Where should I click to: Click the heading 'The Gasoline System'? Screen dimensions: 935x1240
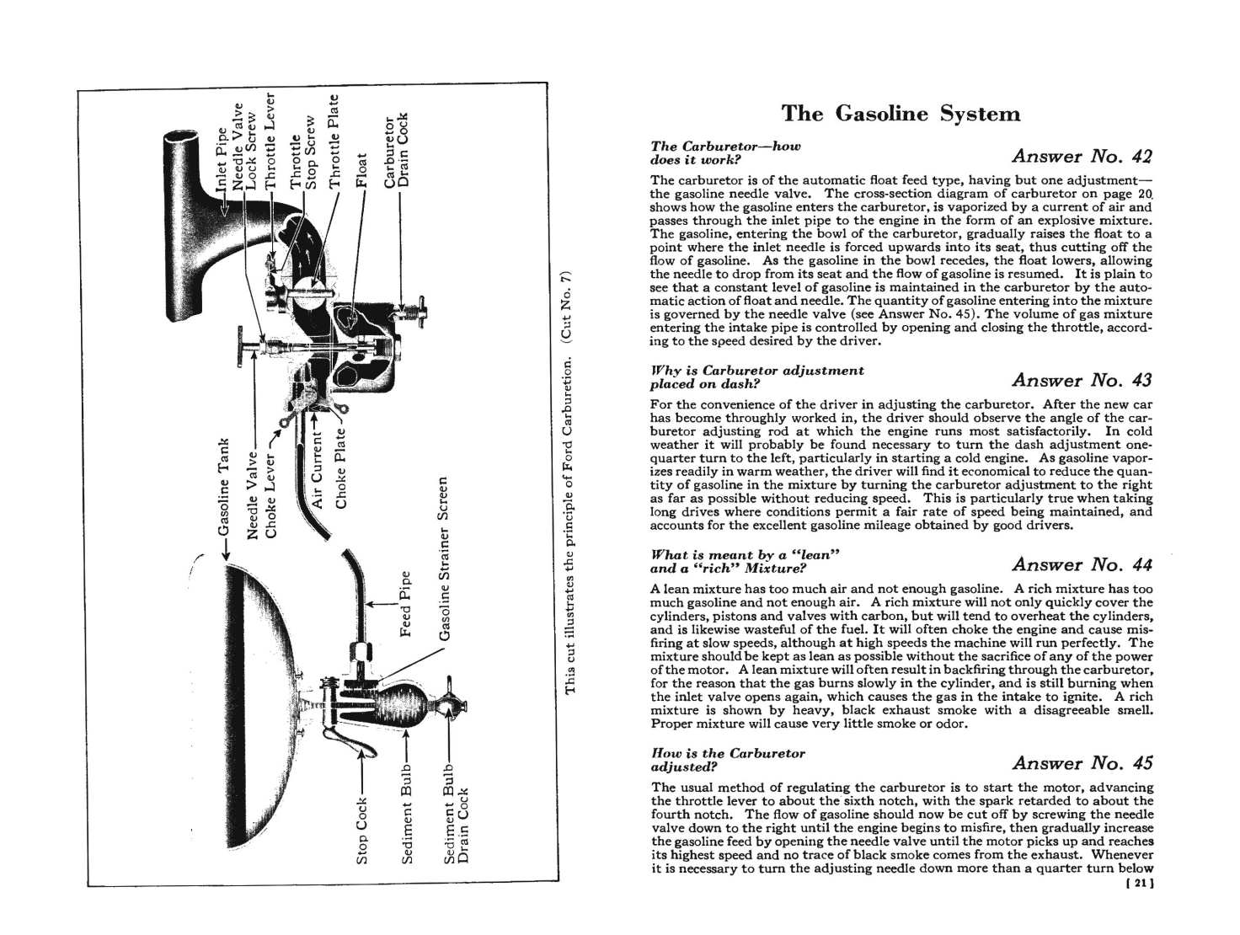pyautogui.click(x=901, y=114)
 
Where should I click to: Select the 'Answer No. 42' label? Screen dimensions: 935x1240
pyautogui.click(x=1082, y=156)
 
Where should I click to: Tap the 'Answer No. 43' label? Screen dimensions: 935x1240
pyautogui.click(x=1082, y=380)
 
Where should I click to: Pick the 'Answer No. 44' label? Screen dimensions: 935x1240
pyautogui.click(x=1082, y=564)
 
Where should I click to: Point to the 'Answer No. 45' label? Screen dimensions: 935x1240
pyautogui.click(x=1082, y=763)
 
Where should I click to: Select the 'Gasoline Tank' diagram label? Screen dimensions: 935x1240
pyautogui.click(x=223, y=487)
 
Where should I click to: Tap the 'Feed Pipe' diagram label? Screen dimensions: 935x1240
pyautogui.click(x=405, y=604)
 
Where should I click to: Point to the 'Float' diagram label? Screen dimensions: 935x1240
pyautogui.click(x=362, y=169)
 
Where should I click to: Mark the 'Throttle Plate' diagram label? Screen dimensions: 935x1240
pyautogui.click(x=334, y=141)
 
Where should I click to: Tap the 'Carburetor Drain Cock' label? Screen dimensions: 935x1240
pyautogui.click(x=396, y=151)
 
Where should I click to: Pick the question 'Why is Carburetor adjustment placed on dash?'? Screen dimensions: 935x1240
pyautogui.click(x=758, y=377)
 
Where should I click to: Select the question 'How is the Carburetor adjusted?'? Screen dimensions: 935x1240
pyautogui.click(x=729, y=760)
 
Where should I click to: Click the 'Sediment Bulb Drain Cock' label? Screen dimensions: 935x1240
pyautogui.click(x=456, y=814)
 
